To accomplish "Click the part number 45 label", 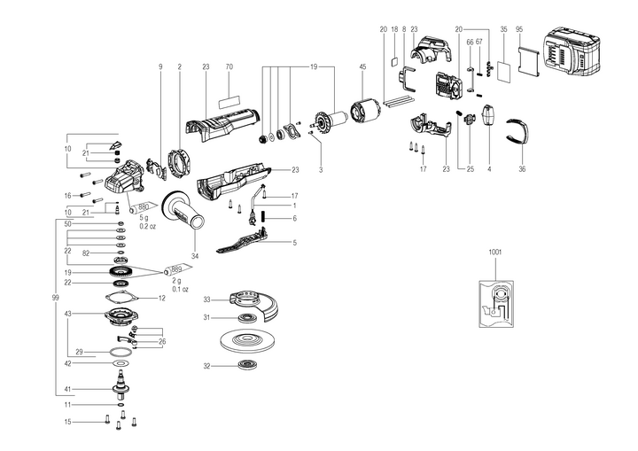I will coord(362,66).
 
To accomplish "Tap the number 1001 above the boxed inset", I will coord(494,252).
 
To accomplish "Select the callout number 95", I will coord(519,28).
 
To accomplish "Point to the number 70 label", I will coord(229,66).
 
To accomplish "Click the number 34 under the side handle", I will coord(195,257).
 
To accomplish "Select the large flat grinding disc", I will coord(243,341).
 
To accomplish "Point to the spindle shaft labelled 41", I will coord(120,382).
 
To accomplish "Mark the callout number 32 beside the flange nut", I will coord(206,366).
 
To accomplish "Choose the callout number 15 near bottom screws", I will coord(67,422).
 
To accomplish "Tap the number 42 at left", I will coord(67,363).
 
